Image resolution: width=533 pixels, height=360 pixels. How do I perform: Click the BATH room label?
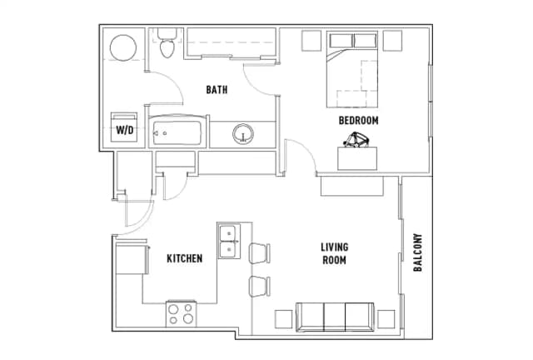217,90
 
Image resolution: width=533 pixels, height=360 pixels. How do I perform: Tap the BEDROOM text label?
358,121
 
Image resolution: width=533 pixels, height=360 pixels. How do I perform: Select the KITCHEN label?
185,258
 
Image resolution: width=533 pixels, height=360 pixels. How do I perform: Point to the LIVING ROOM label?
335,253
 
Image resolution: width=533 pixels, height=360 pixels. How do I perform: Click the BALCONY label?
418,252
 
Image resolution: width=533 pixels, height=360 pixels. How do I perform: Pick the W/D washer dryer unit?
124,127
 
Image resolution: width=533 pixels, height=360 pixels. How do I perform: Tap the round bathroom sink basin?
243,133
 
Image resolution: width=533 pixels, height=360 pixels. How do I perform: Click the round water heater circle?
123,47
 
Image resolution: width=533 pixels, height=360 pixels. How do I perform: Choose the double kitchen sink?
229,241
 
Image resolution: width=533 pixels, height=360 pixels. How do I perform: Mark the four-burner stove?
182,314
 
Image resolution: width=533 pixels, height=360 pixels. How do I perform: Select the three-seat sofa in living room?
335,317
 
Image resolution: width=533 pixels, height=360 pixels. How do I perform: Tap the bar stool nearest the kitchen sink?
260,253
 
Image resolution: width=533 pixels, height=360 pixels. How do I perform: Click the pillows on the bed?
353,41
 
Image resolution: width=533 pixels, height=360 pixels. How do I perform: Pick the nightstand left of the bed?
311,41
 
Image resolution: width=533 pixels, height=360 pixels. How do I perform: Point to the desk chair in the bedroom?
356,140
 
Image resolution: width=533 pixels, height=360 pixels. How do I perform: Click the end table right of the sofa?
386,319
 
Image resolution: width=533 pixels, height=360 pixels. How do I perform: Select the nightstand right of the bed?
393,41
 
